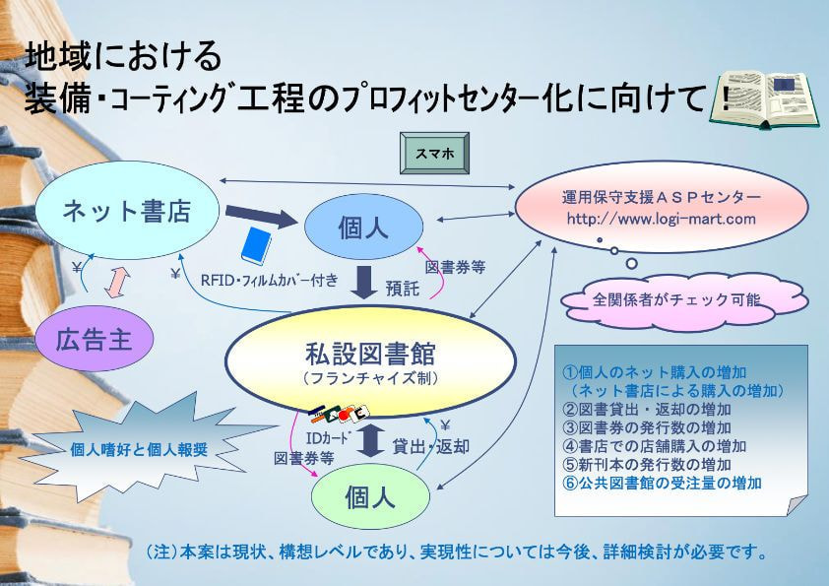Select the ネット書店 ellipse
point(126,210)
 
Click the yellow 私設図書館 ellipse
point(364,361)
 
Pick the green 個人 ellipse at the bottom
point(369,498)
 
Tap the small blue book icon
point(260,244)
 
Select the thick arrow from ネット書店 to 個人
point(260,215)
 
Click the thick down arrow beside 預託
point(365,282)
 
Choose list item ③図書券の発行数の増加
point(646,427)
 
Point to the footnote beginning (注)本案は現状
point(455,553)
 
